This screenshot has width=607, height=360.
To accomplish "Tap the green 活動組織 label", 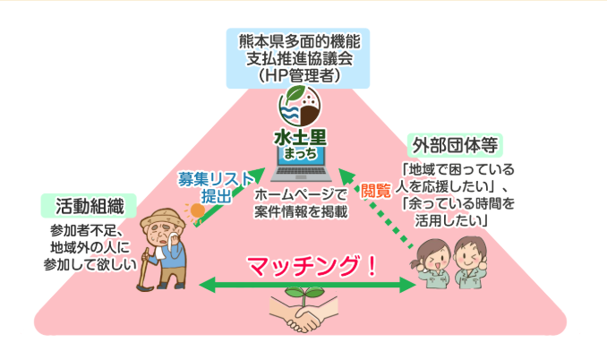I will coord(90,206).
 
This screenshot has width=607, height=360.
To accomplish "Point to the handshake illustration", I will coord(303,318).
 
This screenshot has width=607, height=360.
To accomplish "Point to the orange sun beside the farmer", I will coord(193,211).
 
